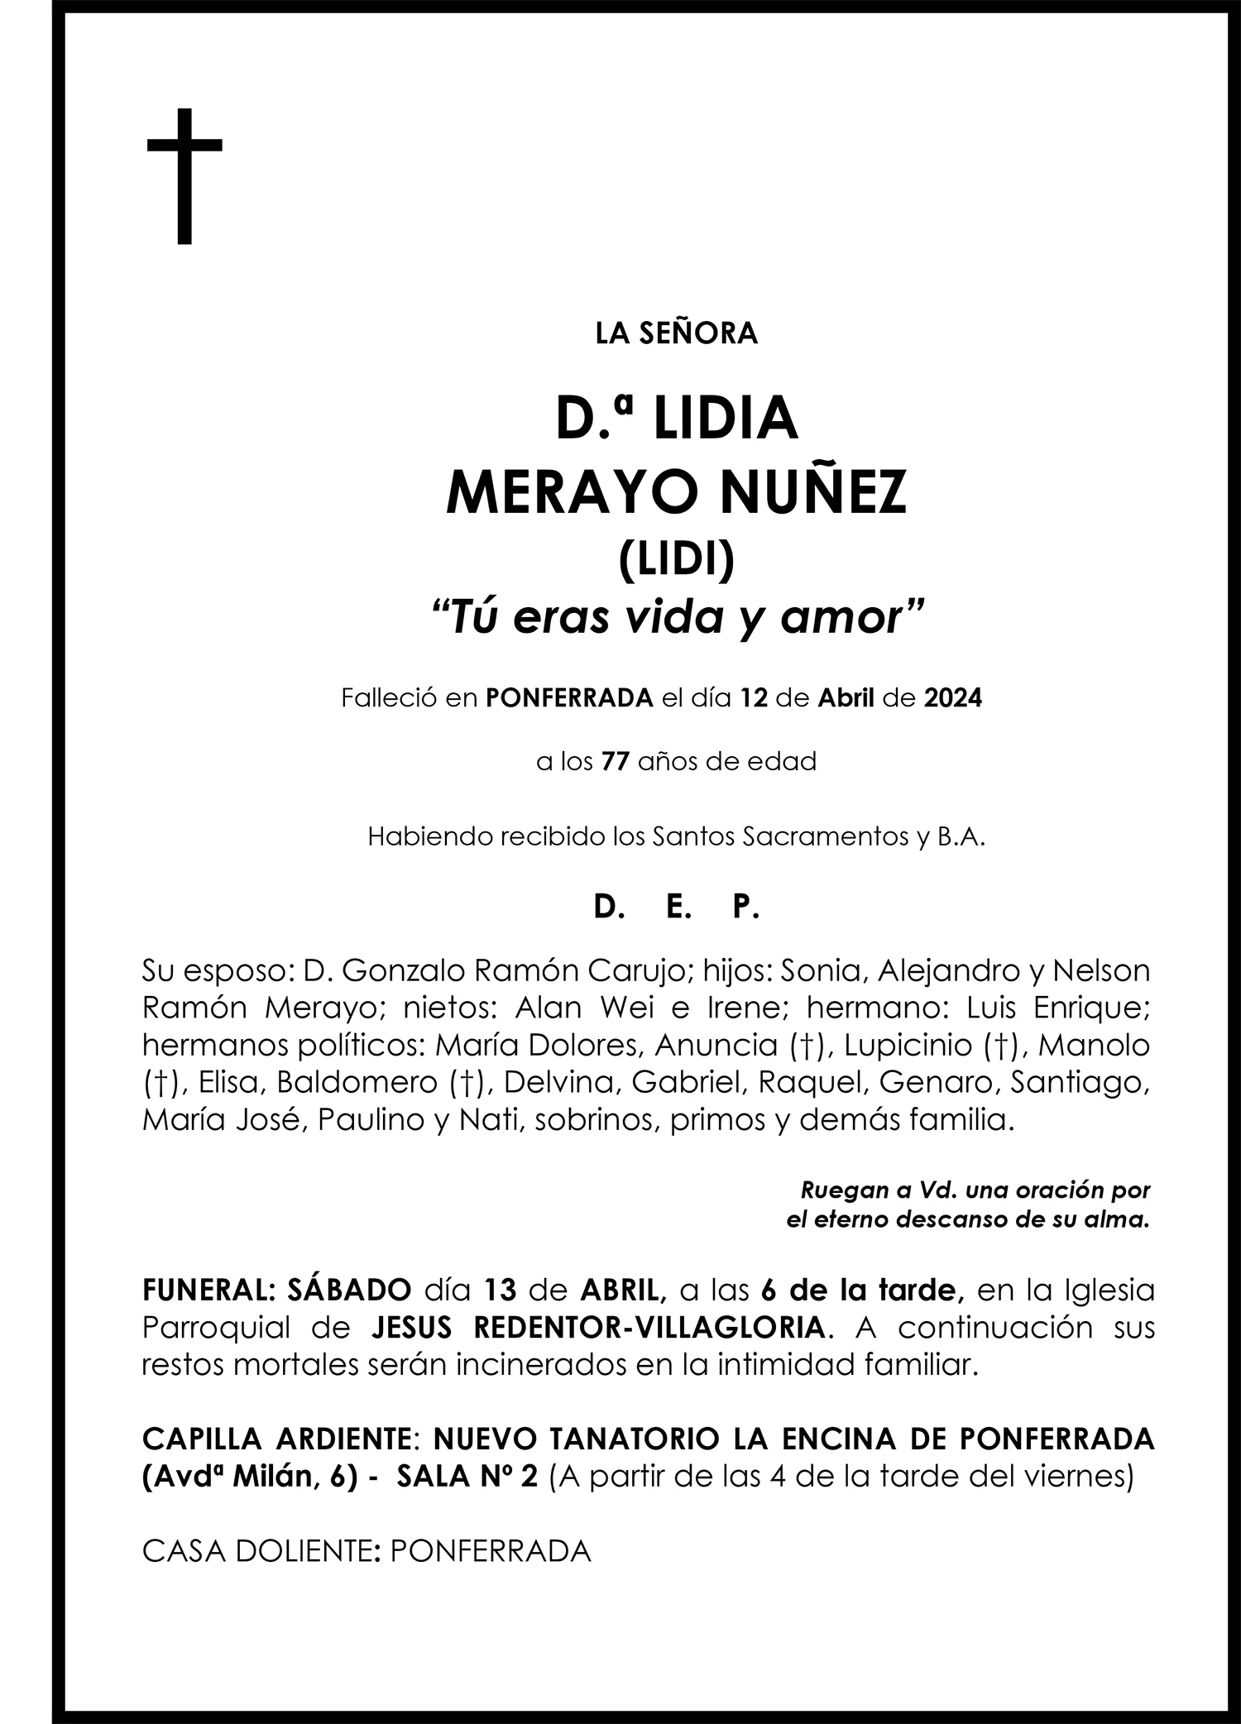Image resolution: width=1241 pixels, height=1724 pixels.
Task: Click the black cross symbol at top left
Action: tap(184, 175)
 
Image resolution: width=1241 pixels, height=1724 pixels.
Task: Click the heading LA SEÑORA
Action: tap(676, 333)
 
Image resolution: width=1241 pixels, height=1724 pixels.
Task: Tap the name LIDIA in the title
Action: tap(725, 419)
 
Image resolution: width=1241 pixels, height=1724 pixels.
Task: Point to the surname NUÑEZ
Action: tap(814, 493)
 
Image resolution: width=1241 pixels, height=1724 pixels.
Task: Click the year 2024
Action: tap(952, 698)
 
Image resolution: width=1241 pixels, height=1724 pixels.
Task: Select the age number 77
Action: tap(616, 761)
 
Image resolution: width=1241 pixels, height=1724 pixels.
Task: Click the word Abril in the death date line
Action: tap(846, 698)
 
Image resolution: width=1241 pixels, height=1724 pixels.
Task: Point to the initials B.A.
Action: tap(961, 836)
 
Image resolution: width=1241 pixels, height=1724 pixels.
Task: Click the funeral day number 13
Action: tap(500, 1290)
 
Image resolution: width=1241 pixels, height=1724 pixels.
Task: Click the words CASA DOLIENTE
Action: tap(256, 1551)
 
